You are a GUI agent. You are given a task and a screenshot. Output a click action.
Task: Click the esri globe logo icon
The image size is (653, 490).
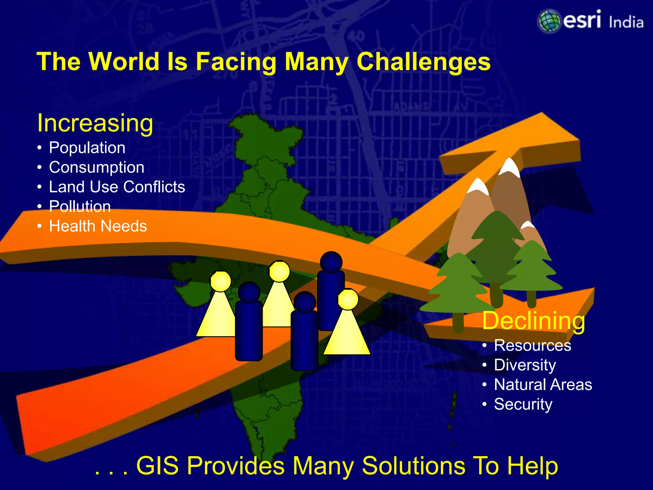(549, 21)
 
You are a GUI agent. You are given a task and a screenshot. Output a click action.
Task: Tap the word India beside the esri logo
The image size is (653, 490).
(626, 22)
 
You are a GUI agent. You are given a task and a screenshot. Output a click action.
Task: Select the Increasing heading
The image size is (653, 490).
(95, 123)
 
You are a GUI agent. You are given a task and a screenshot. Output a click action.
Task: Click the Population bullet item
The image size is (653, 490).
(87, 148)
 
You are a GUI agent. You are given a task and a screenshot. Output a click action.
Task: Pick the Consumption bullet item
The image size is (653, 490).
(96, 167)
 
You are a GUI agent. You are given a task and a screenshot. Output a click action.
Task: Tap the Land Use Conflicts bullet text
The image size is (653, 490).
(117, 187)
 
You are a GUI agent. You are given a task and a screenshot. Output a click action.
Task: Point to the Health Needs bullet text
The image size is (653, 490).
(98, 226)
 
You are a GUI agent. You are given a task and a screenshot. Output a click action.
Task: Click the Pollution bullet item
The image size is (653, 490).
(80, 206)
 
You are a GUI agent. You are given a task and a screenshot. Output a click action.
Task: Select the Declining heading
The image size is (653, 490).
(533, 321)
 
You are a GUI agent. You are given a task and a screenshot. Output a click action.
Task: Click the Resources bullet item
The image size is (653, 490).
(532, 345)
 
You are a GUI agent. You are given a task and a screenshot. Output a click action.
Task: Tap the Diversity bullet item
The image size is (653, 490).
(525, 365)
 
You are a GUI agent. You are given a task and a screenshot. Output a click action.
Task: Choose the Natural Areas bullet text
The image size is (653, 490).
(543, 384)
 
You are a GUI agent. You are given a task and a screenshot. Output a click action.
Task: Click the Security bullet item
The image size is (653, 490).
(523, 404)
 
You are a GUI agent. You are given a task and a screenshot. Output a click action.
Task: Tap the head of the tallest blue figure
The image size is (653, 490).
(331, 262)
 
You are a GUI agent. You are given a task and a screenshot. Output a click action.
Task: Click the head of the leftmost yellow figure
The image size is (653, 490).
(220, 281)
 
